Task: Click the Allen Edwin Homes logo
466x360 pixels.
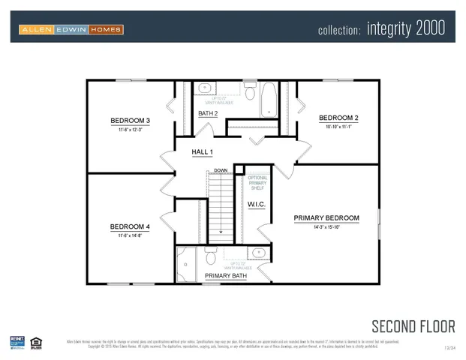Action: tap(71, 29)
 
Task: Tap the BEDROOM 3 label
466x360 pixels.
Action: tap(131, 121)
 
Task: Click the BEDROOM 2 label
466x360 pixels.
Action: tap(338, 118)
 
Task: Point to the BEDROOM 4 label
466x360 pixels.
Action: tap(131, 226)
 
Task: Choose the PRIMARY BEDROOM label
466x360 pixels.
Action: tap(326, 218)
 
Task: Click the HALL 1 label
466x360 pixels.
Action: tap(203, 152)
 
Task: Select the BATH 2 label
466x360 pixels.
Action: tap(208, 113)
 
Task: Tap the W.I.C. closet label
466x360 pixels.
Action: tap(257, 203)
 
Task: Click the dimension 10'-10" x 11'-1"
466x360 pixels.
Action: tap(338, 127)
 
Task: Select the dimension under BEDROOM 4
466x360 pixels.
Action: tap(131, 235)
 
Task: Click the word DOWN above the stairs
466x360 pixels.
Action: tap(220, 170)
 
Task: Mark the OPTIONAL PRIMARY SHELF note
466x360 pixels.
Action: tap(257, 183)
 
